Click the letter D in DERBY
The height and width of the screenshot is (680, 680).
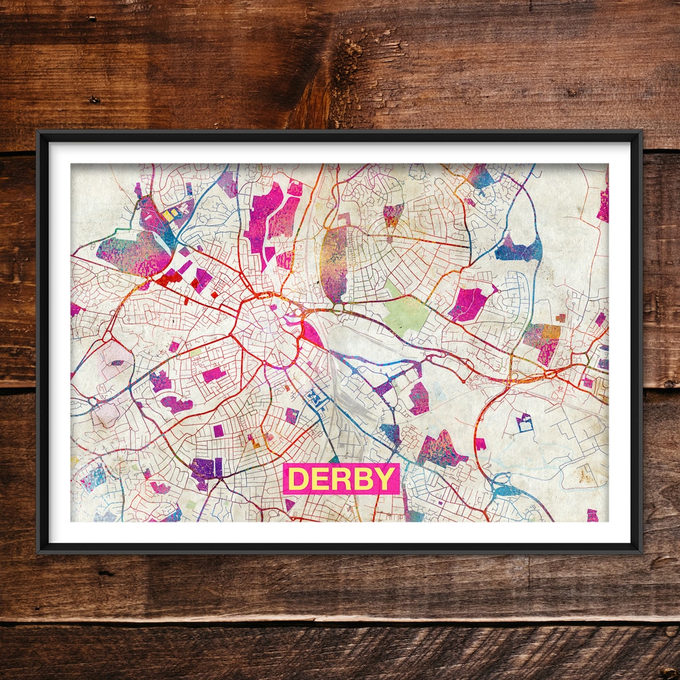(x=298, y=479)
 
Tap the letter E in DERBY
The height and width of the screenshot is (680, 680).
(x=320, y=479)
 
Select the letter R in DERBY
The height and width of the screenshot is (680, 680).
(x=341, y=479)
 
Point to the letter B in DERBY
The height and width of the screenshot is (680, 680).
(x=363, y=479)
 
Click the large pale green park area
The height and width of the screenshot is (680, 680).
(x=407, y=313)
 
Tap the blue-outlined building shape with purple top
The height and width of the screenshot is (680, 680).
(x=524, y=422)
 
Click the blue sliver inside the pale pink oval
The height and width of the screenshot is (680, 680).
(x=118, y=363)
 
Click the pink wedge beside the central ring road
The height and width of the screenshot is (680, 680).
(x=312, y=334)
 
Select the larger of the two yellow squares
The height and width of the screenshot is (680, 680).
(x=168, y=215)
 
